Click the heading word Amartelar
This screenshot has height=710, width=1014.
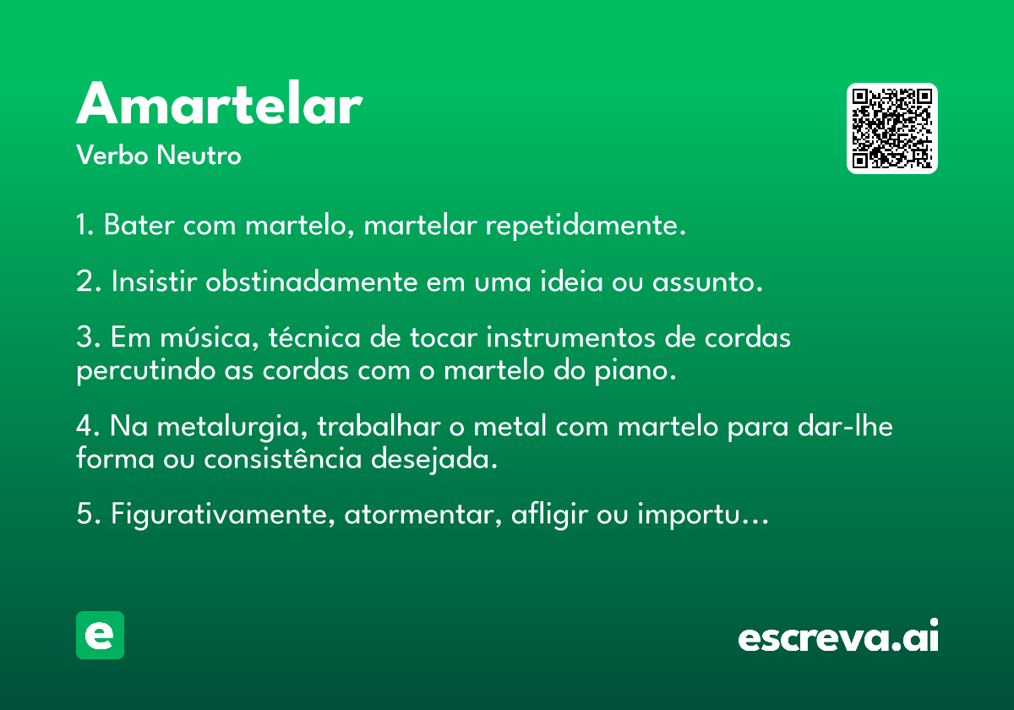220,103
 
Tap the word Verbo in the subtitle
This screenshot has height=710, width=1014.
112,155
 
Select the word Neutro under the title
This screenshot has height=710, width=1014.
199,155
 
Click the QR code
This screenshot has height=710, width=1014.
891,128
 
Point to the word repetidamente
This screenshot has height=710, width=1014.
586,225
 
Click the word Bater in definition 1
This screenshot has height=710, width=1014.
139,225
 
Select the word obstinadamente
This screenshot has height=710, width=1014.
312,281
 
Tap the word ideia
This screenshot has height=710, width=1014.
571,281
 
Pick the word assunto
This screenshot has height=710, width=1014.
707,282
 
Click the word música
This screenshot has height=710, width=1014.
210,338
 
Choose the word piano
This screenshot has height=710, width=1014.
635,371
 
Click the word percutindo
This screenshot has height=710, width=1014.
145,371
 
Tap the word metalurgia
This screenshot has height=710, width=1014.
232,427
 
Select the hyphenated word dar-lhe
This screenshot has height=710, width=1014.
845,426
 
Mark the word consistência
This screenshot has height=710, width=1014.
283,458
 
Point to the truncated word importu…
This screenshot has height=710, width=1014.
703,515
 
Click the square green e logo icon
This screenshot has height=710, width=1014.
100,635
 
